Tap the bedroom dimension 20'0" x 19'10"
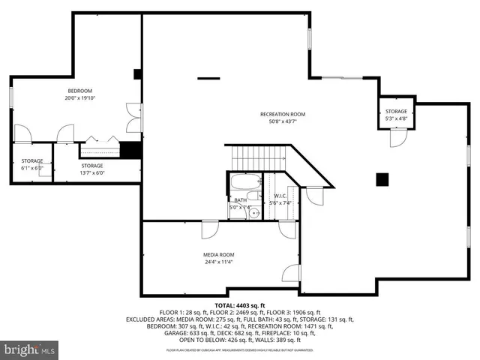[80, 97]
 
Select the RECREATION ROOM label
[283, 114]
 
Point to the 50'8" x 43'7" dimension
[283, 121]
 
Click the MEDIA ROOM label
[218, 254]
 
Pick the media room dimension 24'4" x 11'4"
[218, 262]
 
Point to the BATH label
[240, 200]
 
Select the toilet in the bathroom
[234, 213]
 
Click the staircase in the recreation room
[258, 158]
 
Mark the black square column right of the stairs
[382, 178]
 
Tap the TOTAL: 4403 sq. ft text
[240, 305]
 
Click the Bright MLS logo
[30, 349]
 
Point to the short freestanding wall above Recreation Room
[208, 77]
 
